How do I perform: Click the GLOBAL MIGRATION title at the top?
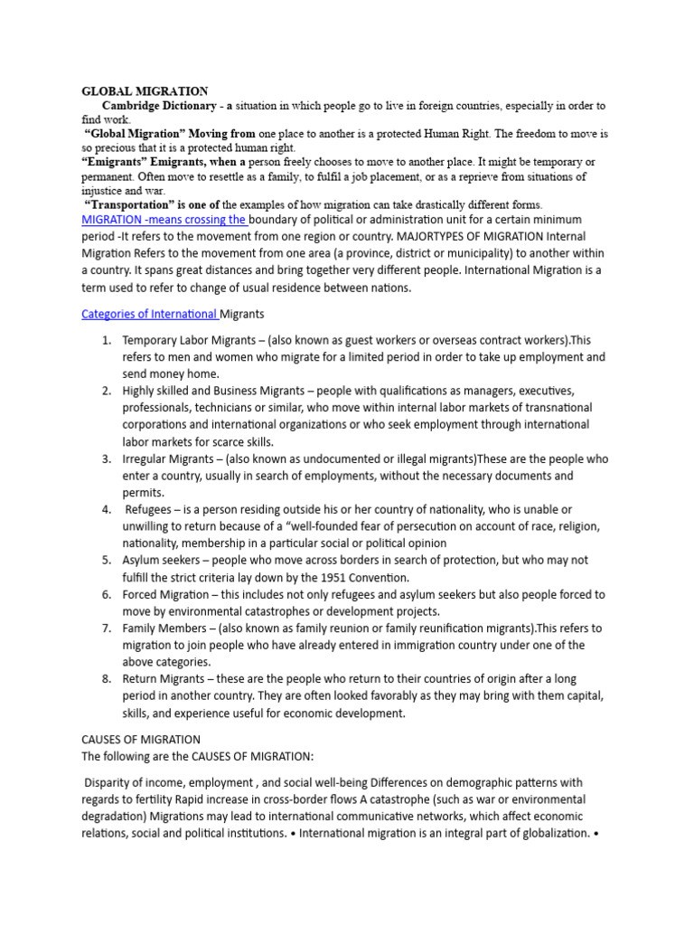coord(145,91)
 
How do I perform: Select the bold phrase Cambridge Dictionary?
coord(159,106)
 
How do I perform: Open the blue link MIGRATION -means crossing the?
coord(164,220)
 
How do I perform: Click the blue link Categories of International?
coord(149,314)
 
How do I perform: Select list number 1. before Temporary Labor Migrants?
coord(106,340)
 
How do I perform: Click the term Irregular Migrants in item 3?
coord(168,458)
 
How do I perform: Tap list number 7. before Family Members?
coord(106,628)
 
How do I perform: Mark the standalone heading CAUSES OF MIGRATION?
coord(141,740)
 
